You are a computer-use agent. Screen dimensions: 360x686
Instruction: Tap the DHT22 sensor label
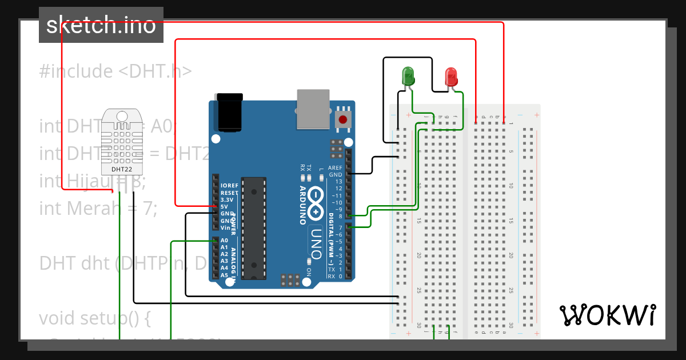122,169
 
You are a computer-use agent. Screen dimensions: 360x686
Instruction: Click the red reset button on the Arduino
343,119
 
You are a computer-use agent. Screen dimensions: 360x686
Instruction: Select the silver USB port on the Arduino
313,108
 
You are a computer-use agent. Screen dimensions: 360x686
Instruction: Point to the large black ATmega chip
254,228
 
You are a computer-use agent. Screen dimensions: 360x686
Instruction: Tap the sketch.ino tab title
101,25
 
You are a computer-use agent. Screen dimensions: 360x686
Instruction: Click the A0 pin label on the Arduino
225,241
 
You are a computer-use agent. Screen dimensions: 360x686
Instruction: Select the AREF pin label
335,168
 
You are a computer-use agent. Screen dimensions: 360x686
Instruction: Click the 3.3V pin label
226,200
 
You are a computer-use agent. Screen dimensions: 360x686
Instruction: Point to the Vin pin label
226,227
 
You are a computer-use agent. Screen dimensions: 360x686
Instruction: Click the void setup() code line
94,318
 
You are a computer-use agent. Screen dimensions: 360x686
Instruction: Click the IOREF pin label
229,186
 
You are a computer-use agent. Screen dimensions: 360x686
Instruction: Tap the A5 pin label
225,275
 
